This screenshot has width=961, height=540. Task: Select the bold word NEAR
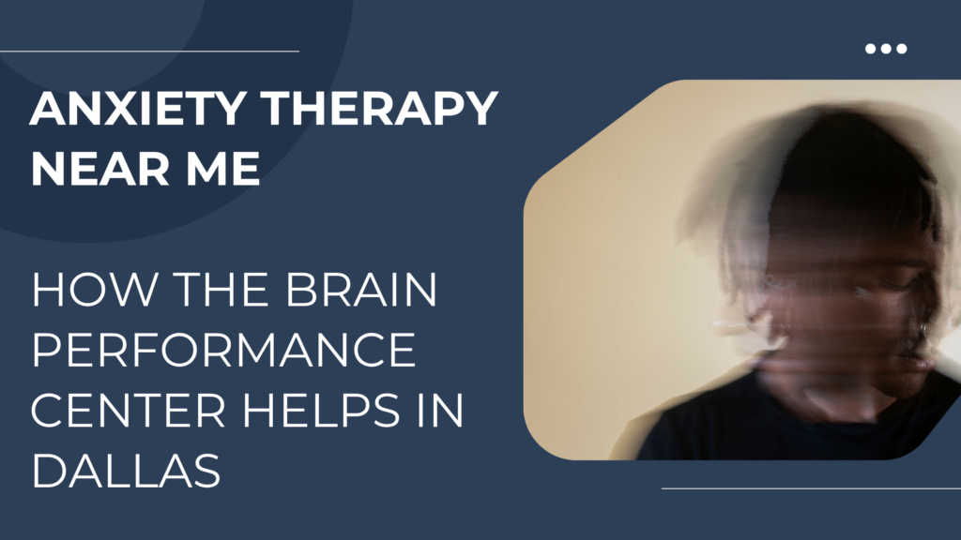pyautogui.click(x=100, y=168)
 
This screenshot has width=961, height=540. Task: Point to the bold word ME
pyautogui.click(x=223, y=168)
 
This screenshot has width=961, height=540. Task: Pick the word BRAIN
pyautogui.click(x=361, y=289)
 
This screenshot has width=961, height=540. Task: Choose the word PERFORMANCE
pyautogui.click(x=224, y=349)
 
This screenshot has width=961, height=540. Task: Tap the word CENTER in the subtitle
pyautogui.click(x=129, y=410)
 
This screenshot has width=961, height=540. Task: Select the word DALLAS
pyautogui.click(x=126, y=471)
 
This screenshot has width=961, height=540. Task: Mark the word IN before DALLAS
pyautogui.click(x=440, y=410)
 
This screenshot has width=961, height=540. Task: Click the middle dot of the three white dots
pyautogui.click(x=886, y=49)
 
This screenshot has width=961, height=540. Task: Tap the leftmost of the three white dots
pyautogui.click(x=870, y=49)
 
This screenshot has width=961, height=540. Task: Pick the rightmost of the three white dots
pyautogui.click(x=901, y=49)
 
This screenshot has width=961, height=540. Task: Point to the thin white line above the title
pyautogui.click(x=149, y=52)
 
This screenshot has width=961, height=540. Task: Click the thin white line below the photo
pyautogui.click(x=812, y=488)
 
